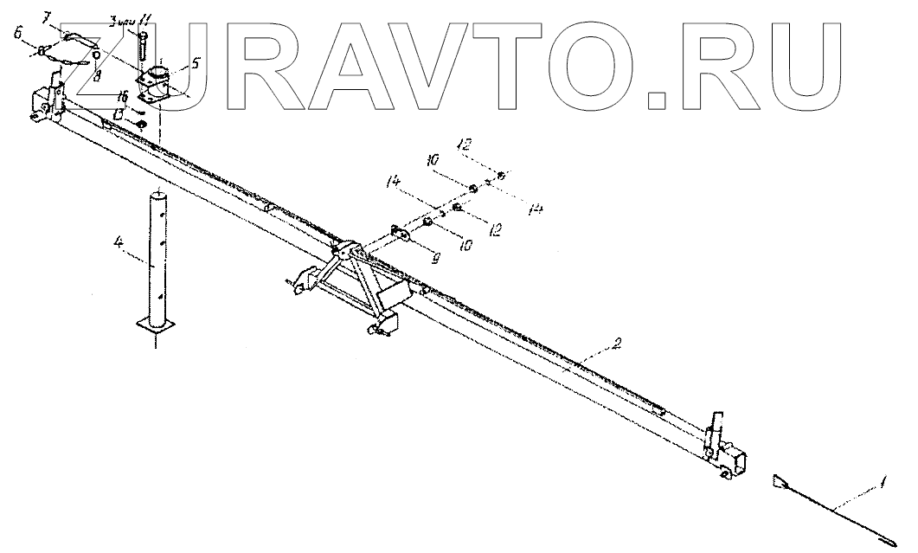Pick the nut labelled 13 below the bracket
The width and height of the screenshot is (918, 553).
[141, 126]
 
